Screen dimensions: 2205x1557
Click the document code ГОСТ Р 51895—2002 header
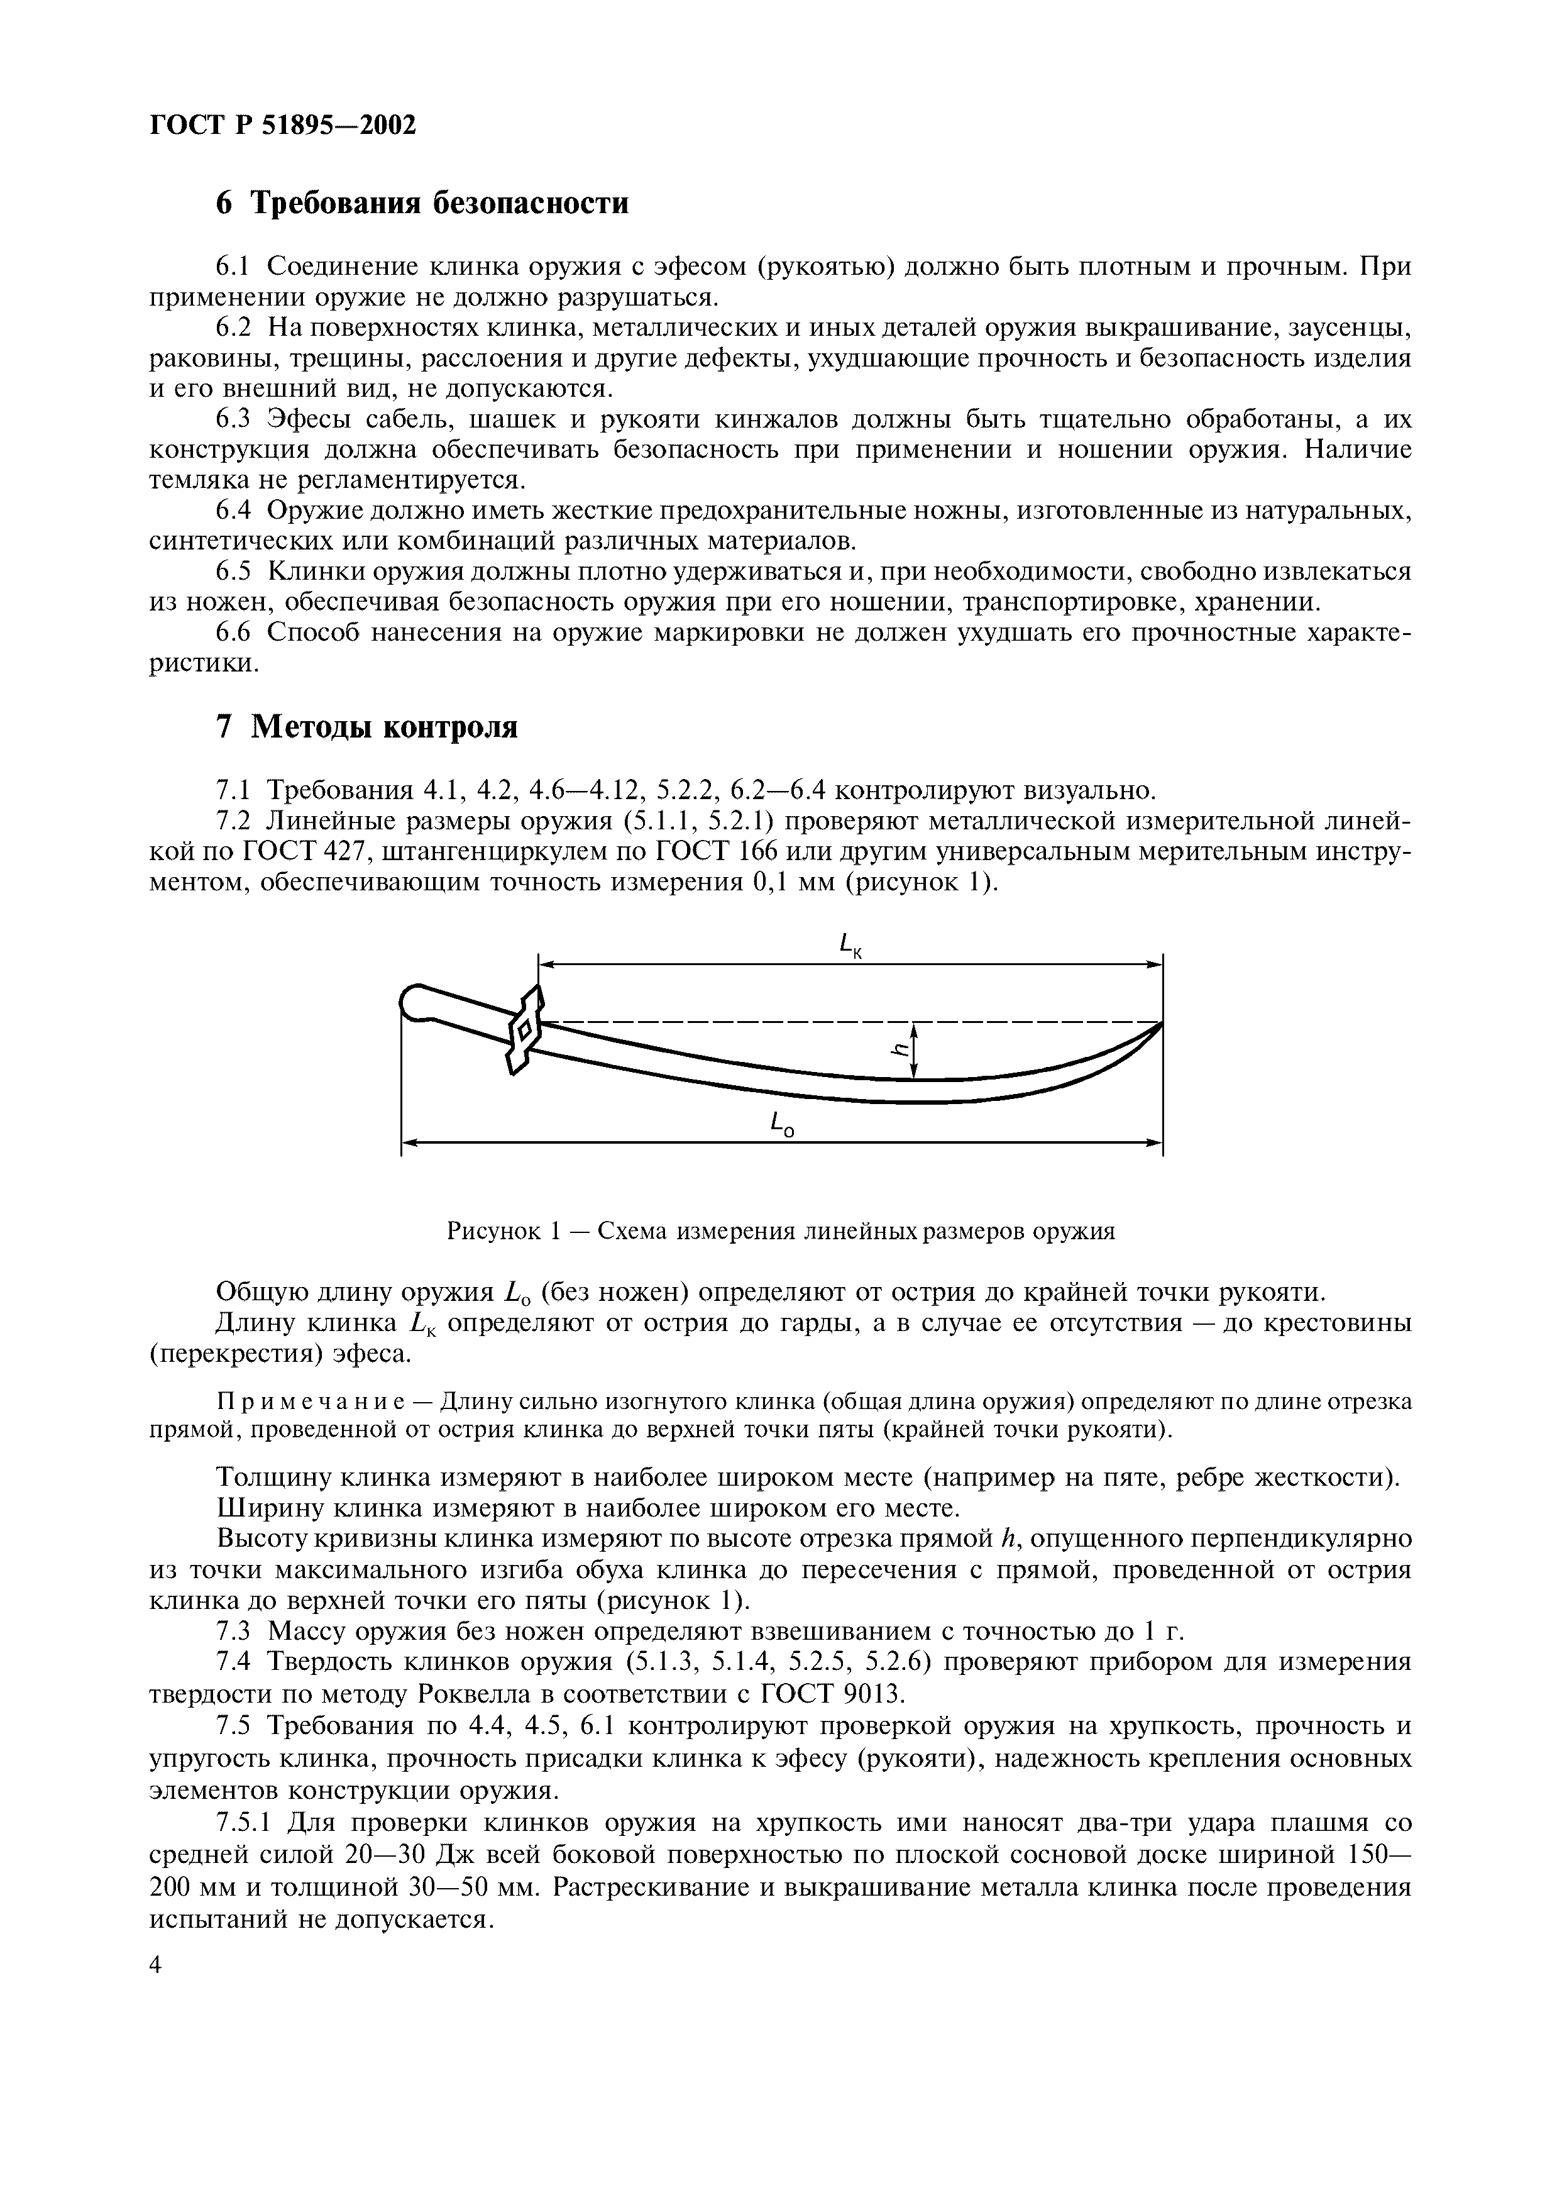(283, 125)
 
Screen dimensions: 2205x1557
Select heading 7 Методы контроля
(366, 727)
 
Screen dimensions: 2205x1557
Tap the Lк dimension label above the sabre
(850, 947)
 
